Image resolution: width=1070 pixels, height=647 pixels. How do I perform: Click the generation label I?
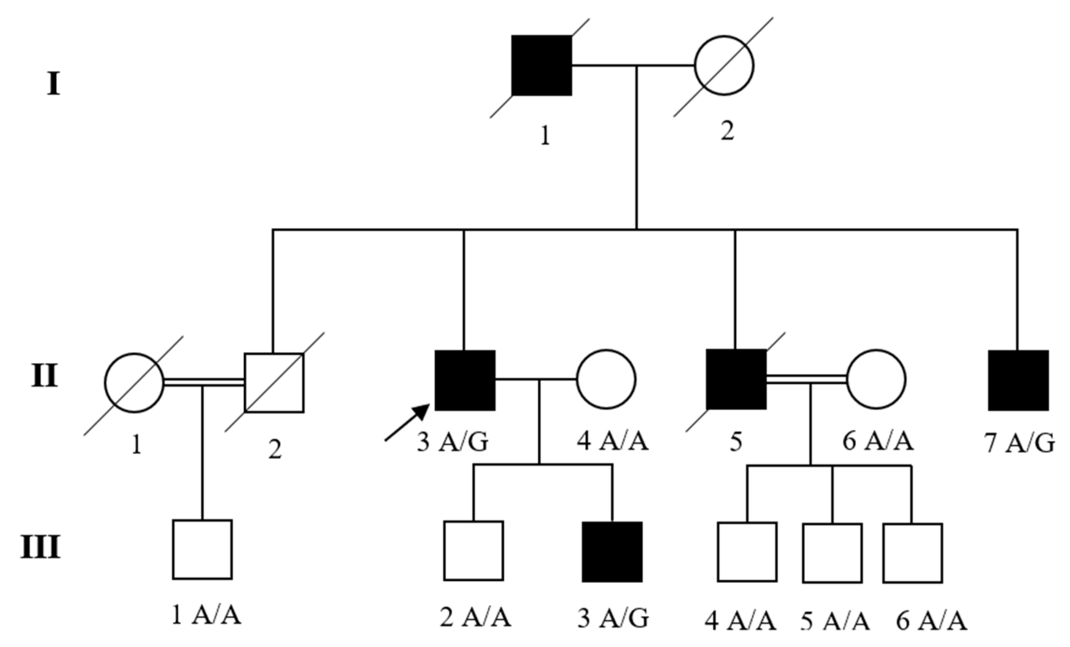[53, 84]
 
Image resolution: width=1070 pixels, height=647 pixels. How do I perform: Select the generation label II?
[44, 376]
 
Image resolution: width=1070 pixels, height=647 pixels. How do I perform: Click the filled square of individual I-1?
[541, 65]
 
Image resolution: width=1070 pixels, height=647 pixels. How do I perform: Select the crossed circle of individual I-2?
[724, 65]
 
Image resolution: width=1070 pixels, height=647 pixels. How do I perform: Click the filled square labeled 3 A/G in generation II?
[465, 380]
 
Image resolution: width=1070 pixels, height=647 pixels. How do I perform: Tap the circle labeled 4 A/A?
[606, 379]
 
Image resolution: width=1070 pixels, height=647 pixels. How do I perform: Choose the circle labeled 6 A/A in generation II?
[876, 379]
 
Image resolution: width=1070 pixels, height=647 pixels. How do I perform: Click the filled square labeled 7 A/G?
[1018, 380]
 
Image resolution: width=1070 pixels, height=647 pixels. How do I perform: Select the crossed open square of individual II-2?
[274, 383]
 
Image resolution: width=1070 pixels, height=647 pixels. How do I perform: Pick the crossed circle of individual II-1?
[134, 383]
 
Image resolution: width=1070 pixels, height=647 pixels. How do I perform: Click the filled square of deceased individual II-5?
[736, 379]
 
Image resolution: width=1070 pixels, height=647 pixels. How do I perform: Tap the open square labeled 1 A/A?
[202, 549]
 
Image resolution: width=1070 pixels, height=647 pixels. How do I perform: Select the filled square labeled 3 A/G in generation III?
[612, 551]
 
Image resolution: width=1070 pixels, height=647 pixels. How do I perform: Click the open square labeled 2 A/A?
[473, 551]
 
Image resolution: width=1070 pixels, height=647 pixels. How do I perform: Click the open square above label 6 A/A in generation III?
[912, 553]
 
